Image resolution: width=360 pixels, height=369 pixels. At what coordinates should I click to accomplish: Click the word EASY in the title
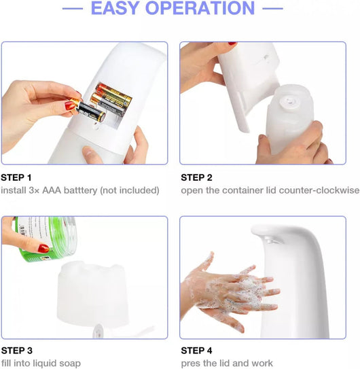coord(114,8)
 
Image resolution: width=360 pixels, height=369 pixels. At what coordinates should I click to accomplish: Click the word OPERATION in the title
coord(200,8)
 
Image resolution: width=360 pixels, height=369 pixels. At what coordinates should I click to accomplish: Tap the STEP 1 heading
coord(16,177)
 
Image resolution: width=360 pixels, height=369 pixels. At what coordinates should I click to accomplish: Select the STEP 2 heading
coord(196,177)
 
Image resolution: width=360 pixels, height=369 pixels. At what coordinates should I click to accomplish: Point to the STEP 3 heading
coord(17,351)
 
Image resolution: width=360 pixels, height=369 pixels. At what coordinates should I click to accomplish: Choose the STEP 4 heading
coord(196,351)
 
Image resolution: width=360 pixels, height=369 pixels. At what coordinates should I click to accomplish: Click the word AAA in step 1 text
coord(52,190)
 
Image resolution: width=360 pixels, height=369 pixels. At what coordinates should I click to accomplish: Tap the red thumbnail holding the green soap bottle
coord(43,249)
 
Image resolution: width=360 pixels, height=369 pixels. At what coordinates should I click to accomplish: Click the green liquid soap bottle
coord(46,238)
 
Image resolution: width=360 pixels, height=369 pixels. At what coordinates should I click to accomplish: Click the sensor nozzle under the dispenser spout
coord(273,241)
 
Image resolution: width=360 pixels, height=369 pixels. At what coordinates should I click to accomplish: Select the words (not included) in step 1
coord(130,190)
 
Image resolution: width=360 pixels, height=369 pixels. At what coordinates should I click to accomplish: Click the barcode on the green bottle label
coord(22,230)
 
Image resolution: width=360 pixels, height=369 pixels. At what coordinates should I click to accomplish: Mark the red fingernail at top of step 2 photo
coord(232,43)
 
